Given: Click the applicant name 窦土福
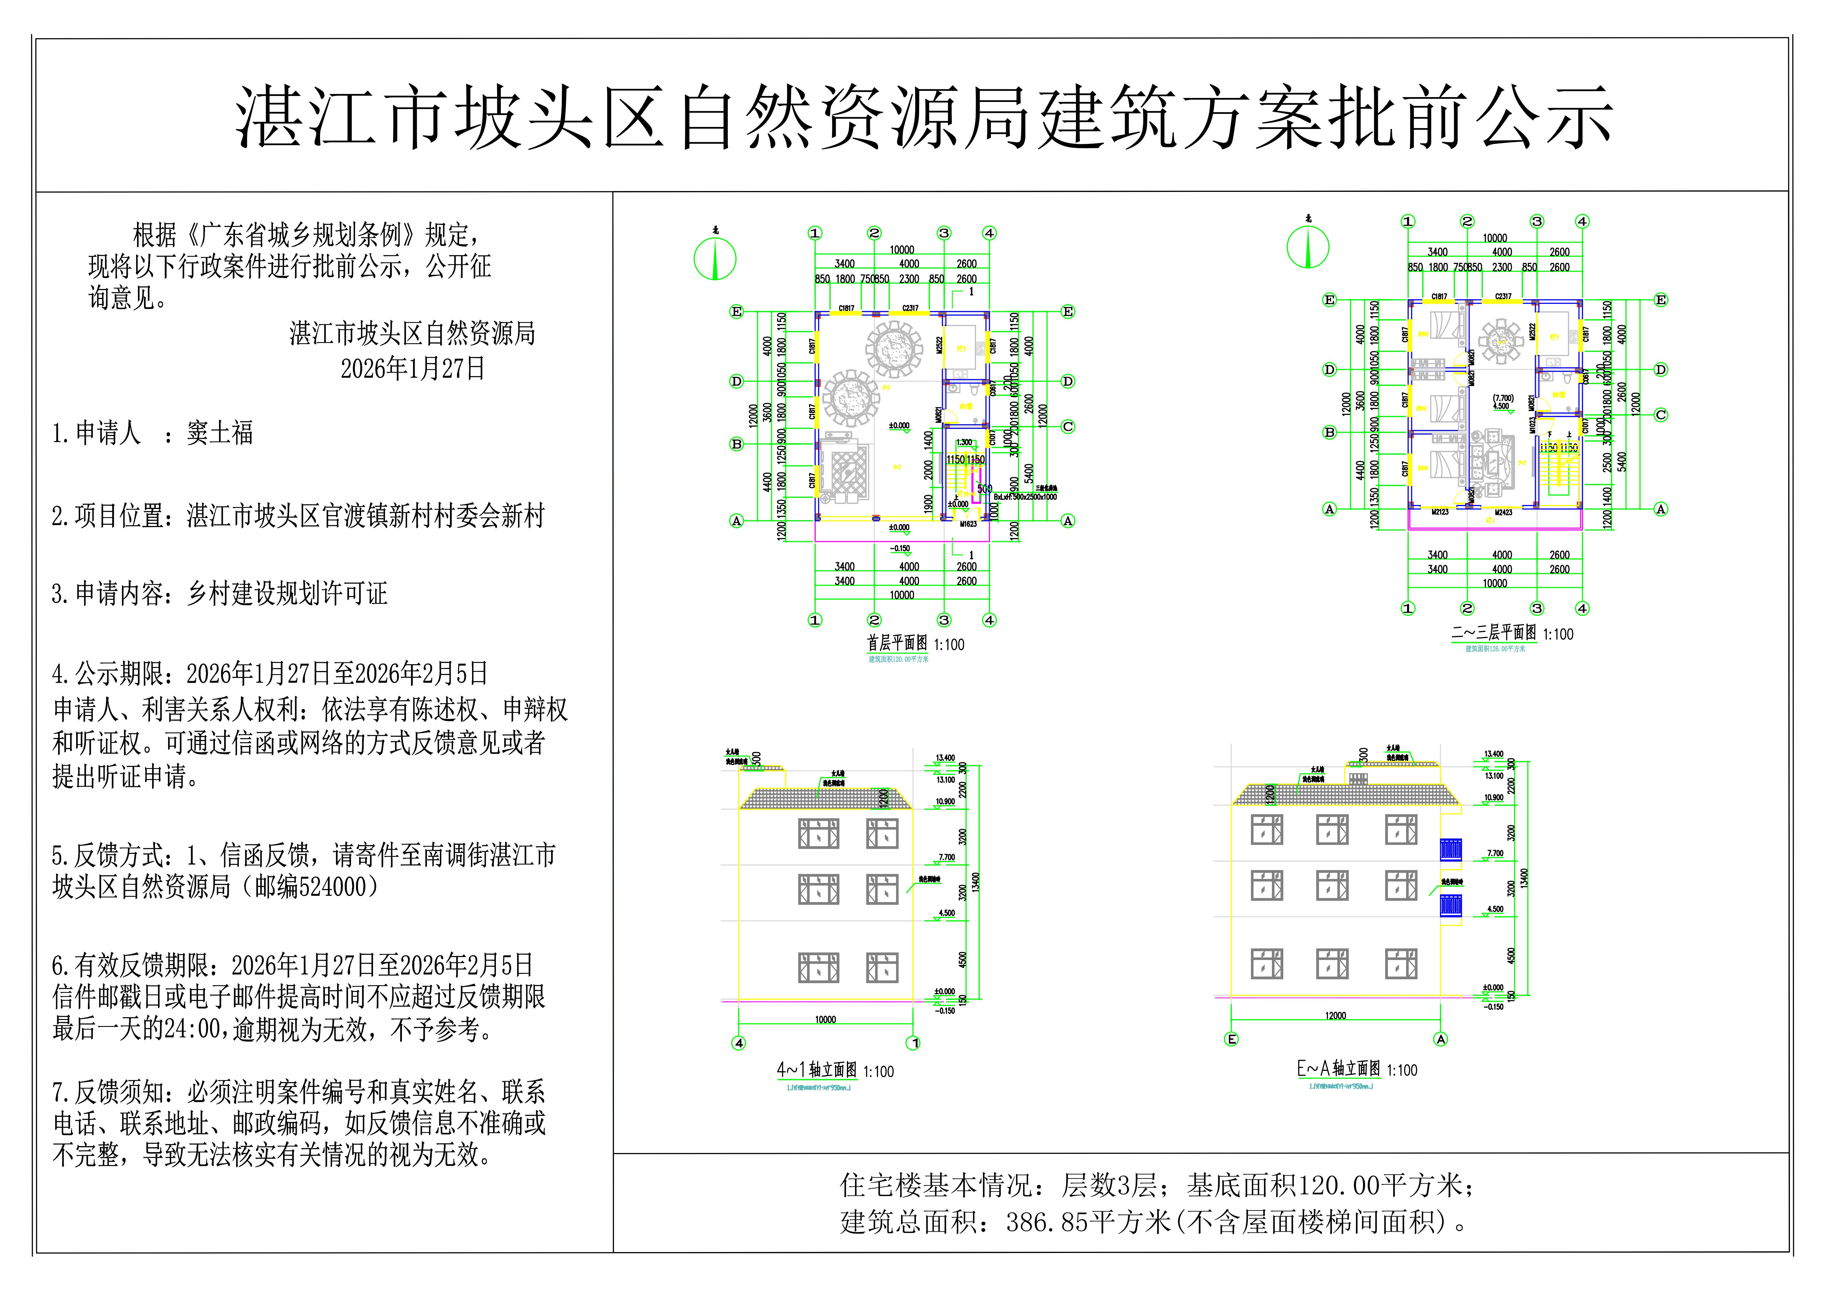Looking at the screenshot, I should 220,433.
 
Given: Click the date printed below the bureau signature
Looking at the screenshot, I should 413,369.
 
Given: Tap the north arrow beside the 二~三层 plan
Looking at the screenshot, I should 1308,246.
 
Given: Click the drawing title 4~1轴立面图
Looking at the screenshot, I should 817,1070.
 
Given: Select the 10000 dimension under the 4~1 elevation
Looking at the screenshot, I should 825,1019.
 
